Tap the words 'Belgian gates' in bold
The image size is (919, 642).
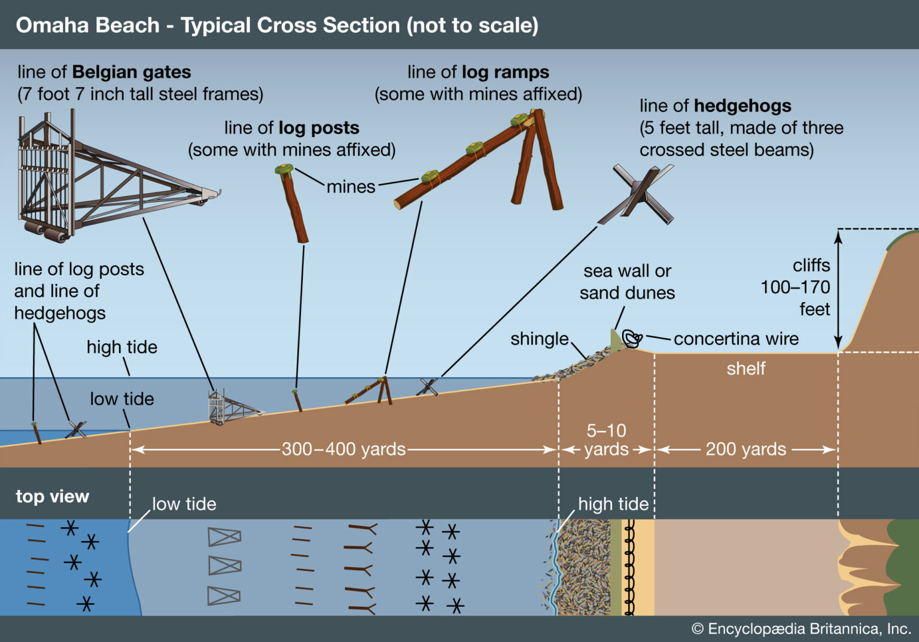[131, 72]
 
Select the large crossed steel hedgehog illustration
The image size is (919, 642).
[640, 194]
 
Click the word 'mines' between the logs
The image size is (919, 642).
[351, 187]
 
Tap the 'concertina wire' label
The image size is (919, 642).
[736, 339]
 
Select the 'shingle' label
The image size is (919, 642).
[539, 339]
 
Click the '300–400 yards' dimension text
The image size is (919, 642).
[343, 449]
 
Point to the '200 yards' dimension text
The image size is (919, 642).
[745, 449]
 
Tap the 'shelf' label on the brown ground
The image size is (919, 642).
[745, 368]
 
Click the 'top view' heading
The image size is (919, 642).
[53, 496]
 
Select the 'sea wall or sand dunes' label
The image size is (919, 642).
[627, 282]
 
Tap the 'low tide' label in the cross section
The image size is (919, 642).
[122, 399]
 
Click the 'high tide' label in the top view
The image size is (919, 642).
[613, 504]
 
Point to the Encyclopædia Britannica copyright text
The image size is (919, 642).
[801, 629]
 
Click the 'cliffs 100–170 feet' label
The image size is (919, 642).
[796, 287]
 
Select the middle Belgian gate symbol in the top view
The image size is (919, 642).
[224, 565]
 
